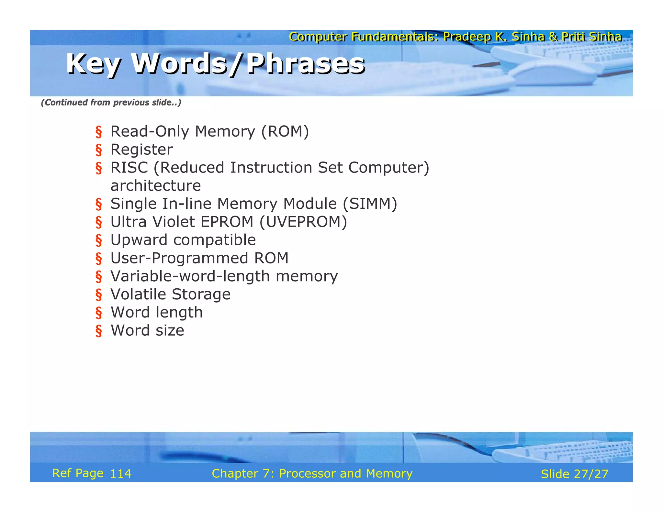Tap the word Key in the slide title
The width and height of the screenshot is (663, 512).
94,64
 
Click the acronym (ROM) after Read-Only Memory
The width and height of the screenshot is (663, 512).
285,131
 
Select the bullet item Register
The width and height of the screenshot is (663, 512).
141,150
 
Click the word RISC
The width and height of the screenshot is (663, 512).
129,168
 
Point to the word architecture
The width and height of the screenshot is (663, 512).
155,186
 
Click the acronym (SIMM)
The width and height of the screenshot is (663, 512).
370,204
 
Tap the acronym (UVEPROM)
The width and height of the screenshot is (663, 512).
303,222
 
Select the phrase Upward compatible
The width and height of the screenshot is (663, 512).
183,240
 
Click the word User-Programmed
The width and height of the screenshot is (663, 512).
179,258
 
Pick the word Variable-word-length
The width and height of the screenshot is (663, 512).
190,276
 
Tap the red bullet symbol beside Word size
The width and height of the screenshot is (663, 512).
99,331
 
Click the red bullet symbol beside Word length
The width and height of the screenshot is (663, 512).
99,313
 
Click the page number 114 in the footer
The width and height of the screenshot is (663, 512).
120,474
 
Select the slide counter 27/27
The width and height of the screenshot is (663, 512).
591,474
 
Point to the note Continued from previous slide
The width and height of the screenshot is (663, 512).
111,103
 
